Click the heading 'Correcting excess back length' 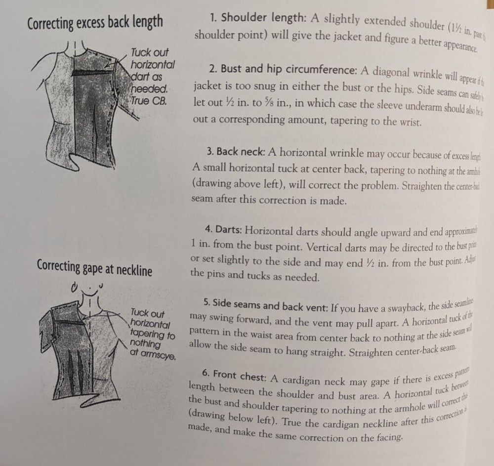coord(95,22)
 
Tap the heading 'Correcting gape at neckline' coord(94,268)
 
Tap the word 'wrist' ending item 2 coord(409,122)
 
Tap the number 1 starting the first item coord(212,17)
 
